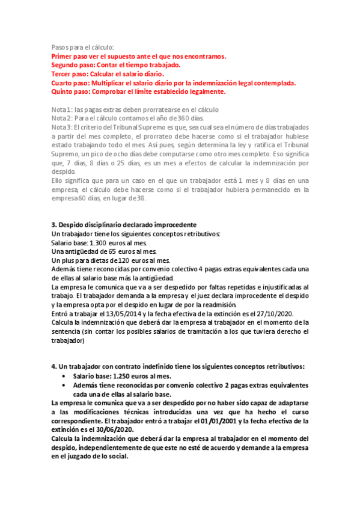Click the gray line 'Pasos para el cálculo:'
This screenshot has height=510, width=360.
[82, 48]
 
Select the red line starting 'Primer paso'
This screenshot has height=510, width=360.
[138, 57]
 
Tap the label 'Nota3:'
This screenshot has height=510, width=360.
[61, 127]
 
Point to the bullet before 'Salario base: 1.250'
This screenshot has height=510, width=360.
[64, 376]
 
